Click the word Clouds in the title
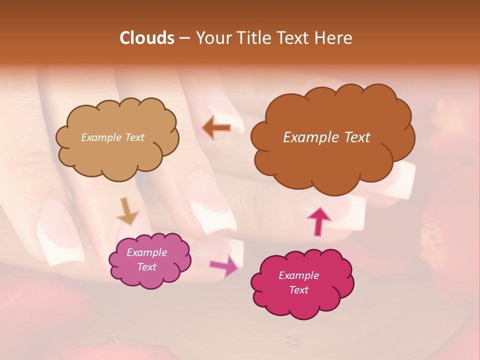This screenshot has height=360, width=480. click(146, 38)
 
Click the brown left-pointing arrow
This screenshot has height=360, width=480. click(216, 127)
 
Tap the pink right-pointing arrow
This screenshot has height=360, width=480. click(224, 265)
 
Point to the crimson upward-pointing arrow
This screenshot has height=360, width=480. click(319, 221)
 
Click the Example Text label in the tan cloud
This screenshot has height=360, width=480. click(112, 137)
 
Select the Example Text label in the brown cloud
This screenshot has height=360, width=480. click(326, 137)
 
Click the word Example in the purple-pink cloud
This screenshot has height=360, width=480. click(146, 252)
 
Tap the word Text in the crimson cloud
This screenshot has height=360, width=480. click(298, 290)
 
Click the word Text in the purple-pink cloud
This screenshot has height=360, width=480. click(146, 267)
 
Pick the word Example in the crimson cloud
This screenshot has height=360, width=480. click(298, 275)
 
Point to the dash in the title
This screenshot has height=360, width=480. click(184, 38)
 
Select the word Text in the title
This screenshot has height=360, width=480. click(294, 38)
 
